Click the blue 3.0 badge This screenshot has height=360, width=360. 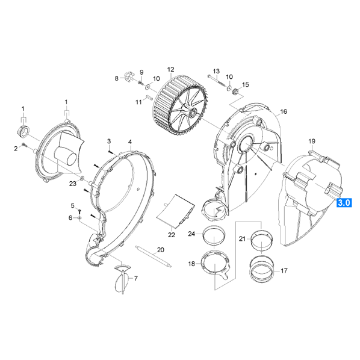coord(344,203)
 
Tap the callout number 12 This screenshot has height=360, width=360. coord(171,69)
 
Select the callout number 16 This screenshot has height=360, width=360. coord(284,111)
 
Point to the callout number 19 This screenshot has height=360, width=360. coord(312,141)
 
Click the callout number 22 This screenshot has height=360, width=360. coord(172,235)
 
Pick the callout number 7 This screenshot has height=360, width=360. coord(135,279)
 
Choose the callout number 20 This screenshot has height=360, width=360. coord(161,250)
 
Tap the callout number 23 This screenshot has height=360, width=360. coord(73,184)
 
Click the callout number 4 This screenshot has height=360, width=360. coord(130,142)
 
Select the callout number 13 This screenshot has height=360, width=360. coord(216,71)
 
